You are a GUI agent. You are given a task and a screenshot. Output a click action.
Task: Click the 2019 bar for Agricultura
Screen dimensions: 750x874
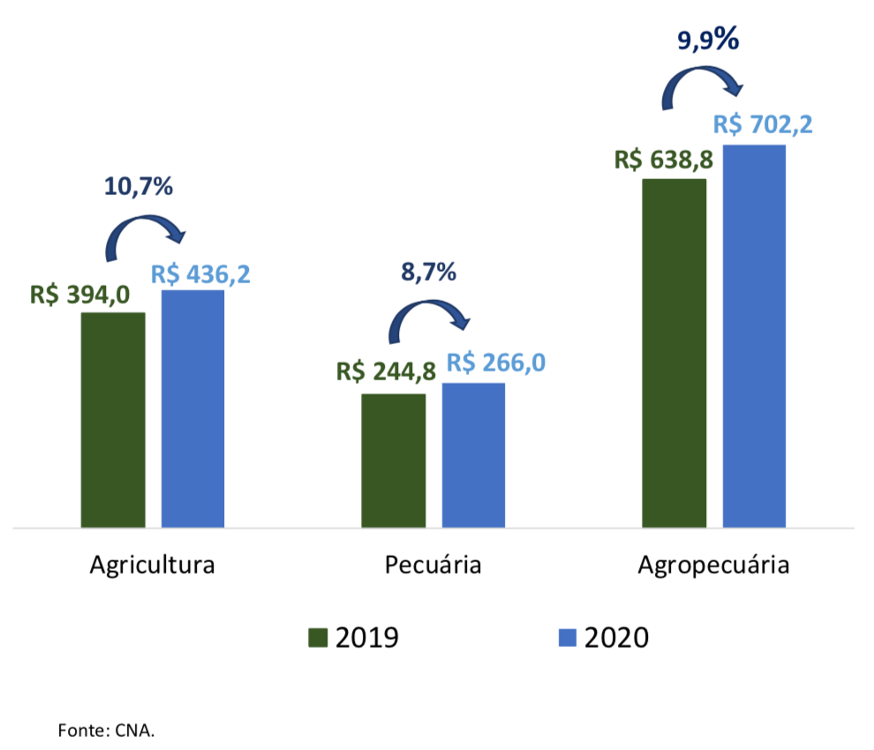pos(113,420)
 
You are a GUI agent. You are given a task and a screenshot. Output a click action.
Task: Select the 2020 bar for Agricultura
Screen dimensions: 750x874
pos(192,409)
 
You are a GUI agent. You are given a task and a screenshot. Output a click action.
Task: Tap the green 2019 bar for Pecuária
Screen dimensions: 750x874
pos(394,461)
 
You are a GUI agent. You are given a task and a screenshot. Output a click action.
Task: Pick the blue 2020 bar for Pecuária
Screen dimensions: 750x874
pos(473,455)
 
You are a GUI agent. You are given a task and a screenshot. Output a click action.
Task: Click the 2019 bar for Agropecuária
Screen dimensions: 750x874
pos(674,353)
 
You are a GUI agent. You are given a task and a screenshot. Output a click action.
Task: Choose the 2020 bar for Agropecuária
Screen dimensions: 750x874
pos(754,336)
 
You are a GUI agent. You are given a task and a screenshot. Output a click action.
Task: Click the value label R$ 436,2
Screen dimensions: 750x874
pos(200,273)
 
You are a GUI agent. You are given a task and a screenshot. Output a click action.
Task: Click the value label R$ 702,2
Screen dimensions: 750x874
pos(763,124)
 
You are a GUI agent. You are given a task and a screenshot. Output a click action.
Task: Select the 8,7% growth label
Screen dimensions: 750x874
pos(428,272)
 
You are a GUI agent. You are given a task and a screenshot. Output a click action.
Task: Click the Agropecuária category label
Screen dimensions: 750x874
pos(713,565)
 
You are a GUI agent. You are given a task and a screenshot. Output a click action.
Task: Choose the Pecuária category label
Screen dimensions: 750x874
pos(433,565)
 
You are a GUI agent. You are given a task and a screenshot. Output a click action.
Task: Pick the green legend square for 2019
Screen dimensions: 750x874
pos(317,637)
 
